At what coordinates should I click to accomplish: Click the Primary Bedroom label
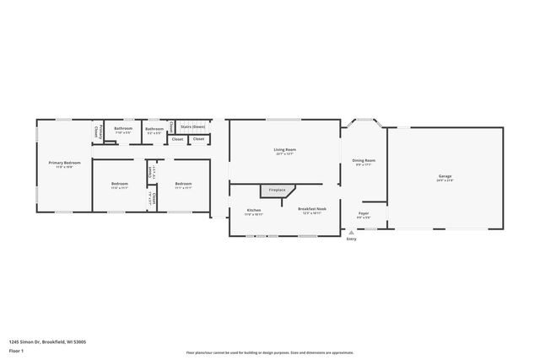point(64,163)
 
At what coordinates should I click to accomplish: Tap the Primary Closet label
point(97,132)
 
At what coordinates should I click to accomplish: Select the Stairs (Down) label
point(192,126)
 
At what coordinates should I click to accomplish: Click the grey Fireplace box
point(278,191)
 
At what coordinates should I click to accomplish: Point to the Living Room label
point(284,149)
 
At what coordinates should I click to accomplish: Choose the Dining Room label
point(364,160)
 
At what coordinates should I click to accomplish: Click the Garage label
point(445,176)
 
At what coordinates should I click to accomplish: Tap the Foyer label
point(364,213)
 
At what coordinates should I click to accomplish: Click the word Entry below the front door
point(351,239)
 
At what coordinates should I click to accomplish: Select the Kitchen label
point(254,210)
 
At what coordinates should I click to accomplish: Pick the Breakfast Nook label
point(311,210)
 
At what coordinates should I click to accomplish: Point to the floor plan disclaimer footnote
point(269,352)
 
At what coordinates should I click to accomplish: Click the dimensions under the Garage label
point(445,180)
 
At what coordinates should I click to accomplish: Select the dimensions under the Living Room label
point(284,154)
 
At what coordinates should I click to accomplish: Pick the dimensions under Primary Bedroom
point(64,167)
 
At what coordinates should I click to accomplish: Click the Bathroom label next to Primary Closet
point(122,128)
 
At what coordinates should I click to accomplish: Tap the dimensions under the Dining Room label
point(364,164)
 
